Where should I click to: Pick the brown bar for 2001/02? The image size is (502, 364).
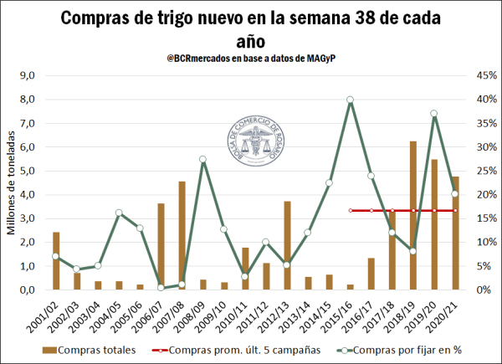56,260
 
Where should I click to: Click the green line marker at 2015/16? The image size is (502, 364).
350,100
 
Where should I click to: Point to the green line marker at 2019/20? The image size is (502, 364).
433,114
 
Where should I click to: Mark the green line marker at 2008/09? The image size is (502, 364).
202,159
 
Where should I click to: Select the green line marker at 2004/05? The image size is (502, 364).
119,213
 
